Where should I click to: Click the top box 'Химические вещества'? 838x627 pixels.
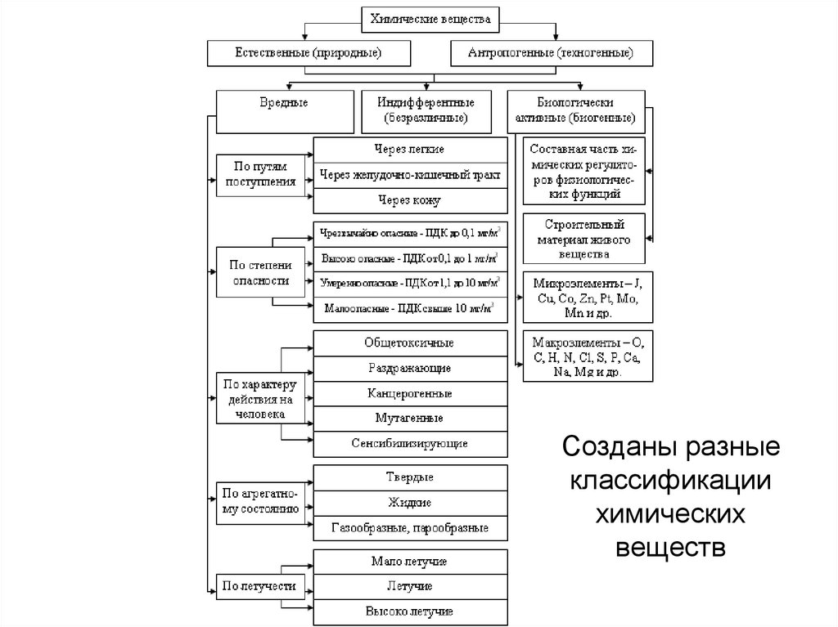coord(430,18)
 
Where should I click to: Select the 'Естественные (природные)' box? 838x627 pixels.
coord(309,53)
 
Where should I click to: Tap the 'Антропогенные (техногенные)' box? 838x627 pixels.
coord(552,53)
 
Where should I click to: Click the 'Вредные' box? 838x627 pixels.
coord(283,110)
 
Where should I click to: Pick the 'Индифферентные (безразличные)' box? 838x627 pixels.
coord(425,110)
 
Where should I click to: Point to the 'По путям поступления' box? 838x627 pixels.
coord(261,174)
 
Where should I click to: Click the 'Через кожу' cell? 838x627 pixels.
coord(409,199)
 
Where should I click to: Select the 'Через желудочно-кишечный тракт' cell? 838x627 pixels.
coord(409,175)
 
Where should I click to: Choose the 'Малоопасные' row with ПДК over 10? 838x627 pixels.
coord(409,309)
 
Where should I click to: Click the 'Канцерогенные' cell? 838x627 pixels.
coord(409,393)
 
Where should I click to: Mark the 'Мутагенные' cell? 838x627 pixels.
coord(409,418)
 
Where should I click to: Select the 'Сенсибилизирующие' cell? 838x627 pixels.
coord(409,443)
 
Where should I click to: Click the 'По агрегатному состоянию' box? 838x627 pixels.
coord(261,501)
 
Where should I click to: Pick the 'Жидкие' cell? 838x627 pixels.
coord(409,502)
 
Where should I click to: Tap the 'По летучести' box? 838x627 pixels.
coord(261,585)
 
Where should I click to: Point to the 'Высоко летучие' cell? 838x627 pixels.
coord(409,611)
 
